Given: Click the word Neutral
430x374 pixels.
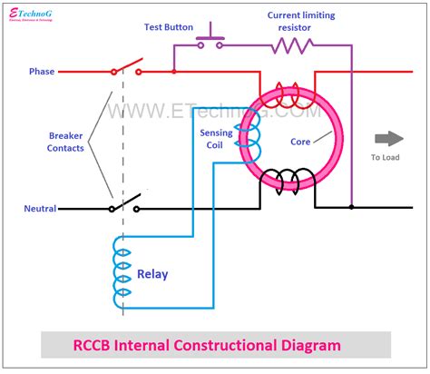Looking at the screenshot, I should (40, 209).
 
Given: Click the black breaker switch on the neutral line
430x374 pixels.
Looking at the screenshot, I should (124, 205).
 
